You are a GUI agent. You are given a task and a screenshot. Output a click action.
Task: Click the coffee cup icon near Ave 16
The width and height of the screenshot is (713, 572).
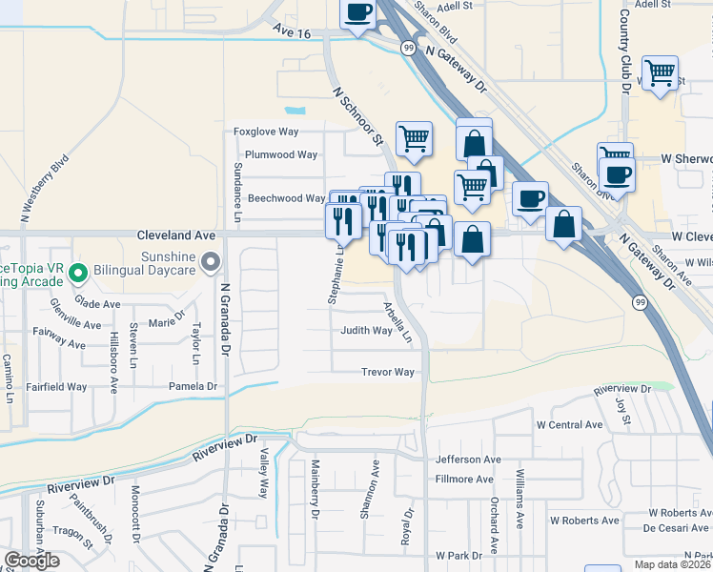358,13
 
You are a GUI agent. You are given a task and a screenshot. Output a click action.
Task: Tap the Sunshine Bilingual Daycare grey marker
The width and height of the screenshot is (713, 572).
212,259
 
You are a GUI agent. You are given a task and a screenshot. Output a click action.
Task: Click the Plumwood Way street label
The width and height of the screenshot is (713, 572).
280,154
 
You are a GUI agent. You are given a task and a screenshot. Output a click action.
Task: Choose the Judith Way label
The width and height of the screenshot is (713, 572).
367,331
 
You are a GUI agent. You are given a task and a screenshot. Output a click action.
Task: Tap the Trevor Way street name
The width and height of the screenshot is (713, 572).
387,372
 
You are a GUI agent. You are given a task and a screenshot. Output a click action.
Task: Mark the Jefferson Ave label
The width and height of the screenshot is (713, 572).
467,459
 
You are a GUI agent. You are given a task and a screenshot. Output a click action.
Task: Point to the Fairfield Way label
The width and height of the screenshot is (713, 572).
57,387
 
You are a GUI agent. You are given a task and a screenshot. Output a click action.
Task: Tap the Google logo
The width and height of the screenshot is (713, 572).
31,561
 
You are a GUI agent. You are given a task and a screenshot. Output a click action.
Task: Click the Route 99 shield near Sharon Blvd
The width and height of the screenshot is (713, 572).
408,48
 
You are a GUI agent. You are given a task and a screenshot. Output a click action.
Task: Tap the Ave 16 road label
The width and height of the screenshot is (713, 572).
292,31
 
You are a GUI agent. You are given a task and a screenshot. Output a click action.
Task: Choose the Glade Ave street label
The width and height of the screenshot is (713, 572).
98,303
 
